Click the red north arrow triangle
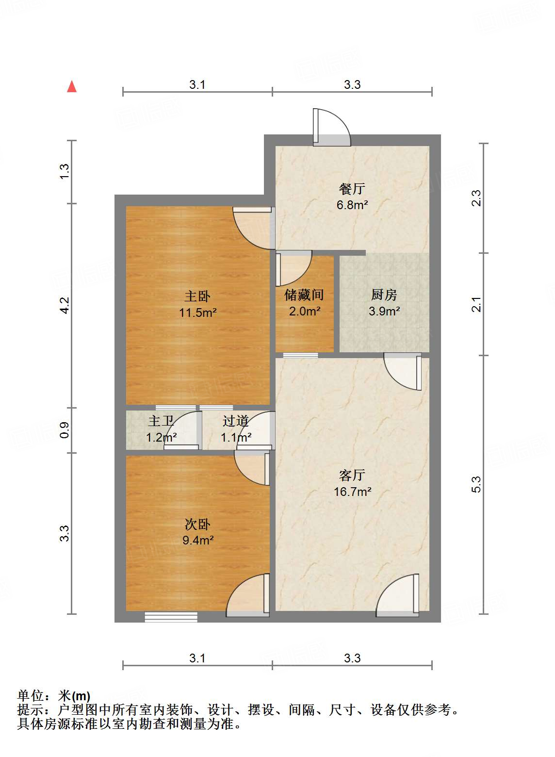[x=72, y=86]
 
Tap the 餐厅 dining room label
[x=352, y=189]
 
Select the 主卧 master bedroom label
[x=197, y=296]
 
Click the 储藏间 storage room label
[x=304, y=295]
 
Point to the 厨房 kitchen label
[x=384, y=295]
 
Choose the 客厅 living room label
[x=352, y=475]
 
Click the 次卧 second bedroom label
[x=197, y=524]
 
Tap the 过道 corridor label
[x=236, y=421]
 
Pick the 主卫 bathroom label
[x=161, y=421]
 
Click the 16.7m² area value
[x=352, y=492]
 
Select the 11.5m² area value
[x=197, y=313]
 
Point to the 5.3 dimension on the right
[x=476, y=484]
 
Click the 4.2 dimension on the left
[x=65, y=305]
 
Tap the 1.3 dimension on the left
[x=65, y=171]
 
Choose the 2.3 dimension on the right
[x=476, y=198]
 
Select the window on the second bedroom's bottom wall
[x=171, y=617]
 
